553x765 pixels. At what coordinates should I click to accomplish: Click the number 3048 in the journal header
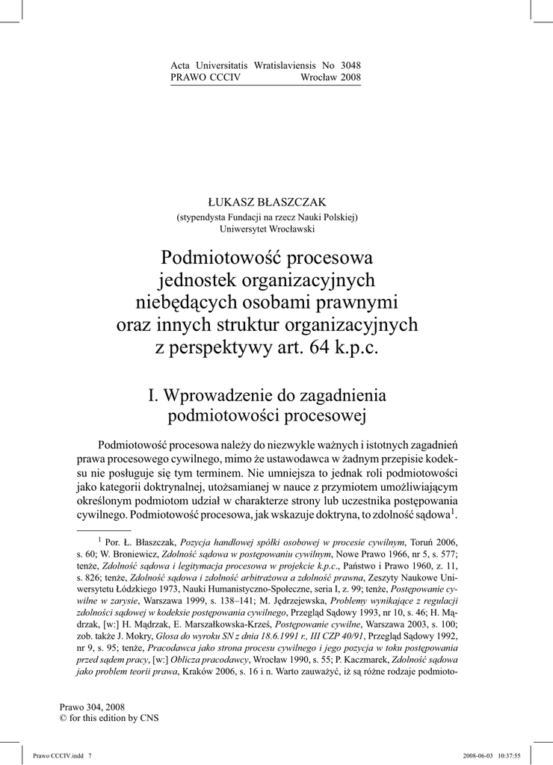[x=350, y=66]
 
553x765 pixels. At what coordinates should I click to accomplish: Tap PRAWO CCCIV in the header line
[x=206, y=78]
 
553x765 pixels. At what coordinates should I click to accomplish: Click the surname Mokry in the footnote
[x=133, y=637]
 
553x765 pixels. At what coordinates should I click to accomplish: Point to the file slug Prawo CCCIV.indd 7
[x=63, y=755]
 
